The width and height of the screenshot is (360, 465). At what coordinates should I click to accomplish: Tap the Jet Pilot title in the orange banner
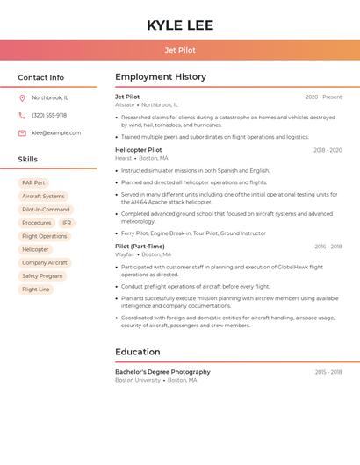(x=180, y=50)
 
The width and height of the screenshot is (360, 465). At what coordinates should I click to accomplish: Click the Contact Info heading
(x=41, y=77)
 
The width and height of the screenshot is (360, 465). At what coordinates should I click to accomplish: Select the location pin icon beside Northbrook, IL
(x=22, y=97)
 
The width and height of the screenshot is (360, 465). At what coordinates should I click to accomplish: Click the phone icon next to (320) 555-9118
(x=22, y=115)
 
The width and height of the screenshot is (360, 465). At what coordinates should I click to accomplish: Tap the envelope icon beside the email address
(x=22, y=132)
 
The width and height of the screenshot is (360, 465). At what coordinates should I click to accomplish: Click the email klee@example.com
(x=56, y=132)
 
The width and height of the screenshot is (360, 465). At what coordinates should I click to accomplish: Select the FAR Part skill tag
(x=33, y=182)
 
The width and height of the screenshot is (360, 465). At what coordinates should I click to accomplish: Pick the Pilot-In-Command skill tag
(x=46, y=210)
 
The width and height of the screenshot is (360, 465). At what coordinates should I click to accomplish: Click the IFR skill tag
(x=67, y=223)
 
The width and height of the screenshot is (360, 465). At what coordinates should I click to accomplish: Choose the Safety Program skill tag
(x=42, y=275)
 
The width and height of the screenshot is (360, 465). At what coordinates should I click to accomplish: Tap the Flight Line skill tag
(x=36, y=289)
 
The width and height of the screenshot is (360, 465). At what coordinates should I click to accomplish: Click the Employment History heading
(x=161, y=77)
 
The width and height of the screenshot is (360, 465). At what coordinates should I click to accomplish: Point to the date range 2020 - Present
(x=323, y=97)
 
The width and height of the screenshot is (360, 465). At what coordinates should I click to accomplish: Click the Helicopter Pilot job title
(x=139, y=150)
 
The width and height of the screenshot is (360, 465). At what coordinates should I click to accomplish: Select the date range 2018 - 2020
(x=328, y=150)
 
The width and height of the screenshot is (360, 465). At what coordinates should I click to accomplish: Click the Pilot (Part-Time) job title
(x=140, y=247)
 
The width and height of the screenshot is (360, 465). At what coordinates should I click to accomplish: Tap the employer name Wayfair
(x=125, y=254)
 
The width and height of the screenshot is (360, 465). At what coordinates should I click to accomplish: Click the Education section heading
(x=138, y=352)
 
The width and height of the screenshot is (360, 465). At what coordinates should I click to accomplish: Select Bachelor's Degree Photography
(x=162, y=372)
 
